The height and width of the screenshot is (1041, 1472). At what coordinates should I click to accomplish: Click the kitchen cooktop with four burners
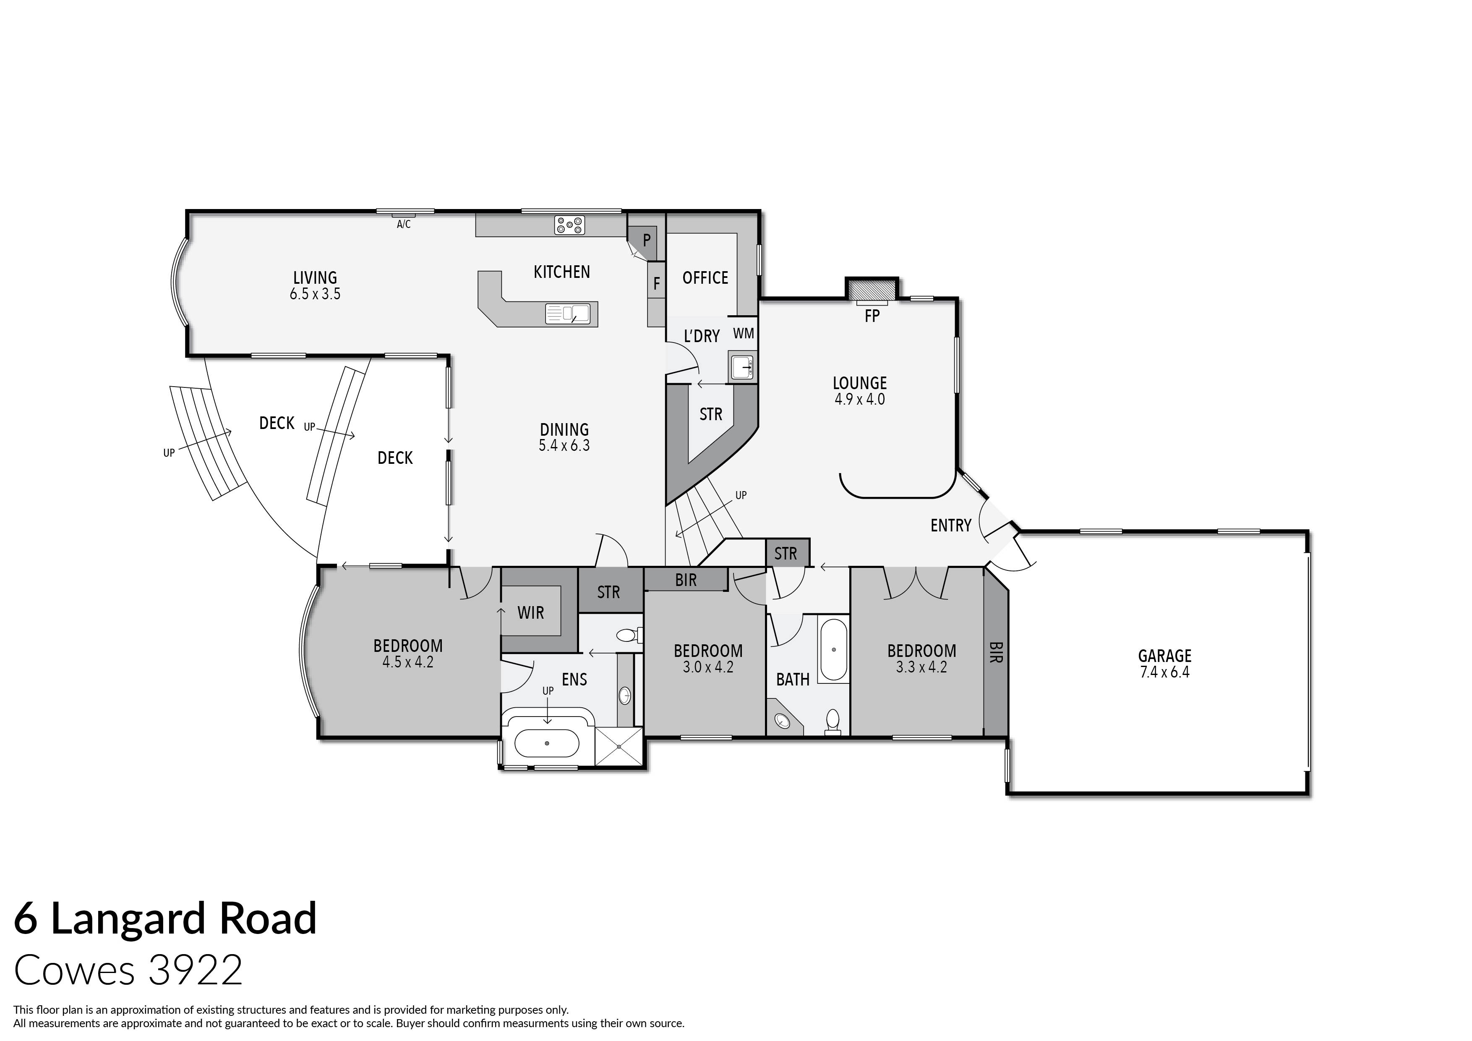[x=569, y=225]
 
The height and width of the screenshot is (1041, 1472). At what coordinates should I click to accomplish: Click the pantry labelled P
[x=646, y=241]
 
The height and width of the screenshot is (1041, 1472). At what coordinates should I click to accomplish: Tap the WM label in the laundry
[x=743, y=334]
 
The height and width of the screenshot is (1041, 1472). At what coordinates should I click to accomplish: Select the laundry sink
[x=742, y=367]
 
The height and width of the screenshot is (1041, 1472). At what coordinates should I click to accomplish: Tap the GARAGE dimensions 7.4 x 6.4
[x=1164, y=672]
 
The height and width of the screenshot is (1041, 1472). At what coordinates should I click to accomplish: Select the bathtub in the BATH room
[x=833, y=650]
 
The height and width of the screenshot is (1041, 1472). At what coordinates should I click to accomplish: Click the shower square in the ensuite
[x=618, y=746]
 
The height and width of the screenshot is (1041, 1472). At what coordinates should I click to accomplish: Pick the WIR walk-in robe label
[x=530, y=612]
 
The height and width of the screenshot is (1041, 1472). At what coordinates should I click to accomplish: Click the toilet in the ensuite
[x=627, y=636]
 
